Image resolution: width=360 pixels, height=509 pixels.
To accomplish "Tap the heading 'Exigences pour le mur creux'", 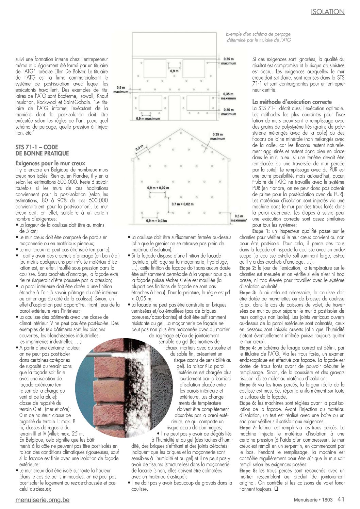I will pyautogui.click(x=50, y=164).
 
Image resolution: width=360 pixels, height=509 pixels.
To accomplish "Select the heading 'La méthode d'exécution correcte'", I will pyautogui.click(x=292, y=102).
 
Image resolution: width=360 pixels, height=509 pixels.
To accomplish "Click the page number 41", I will pyautogui.click(x=341, y=499).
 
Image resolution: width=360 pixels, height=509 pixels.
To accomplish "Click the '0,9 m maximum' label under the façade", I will pyautogui.click(x=148, y=119).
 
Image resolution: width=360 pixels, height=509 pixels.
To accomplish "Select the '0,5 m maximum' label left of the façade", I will pyautogui.click(x=121, y=90).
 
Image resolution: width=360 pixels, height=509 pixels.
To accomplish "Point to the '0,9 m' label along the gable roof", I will pyautogui.click(x=139, y=149).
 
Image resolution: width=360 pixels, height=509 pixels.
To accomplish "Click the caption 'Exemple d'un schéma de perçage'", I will pyautogui.click(x=259, y=34).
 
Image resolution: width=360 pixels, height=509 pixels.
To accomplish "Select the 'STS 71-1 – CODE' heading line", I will pyautogui.click(x=37, y=147).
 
